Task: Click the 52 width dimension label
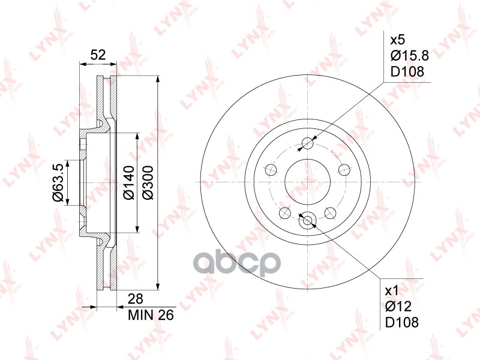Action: tap(98, 55)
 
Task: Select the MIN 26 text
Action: tap(151, 314)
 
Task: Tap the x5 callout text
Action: tap(397, 41)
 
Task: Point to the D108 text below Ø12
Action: tap(401, 322)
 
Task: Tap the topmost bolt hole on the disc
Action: tap(308, 143)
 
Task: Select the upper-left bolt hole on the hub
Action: tap(270, 170)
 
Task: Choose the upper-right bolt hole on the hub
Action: tap(345, 170)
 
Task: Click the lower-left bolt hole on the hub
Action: tap(284, 214)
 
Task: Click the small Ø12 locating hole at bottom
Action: tap(308, 221)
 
